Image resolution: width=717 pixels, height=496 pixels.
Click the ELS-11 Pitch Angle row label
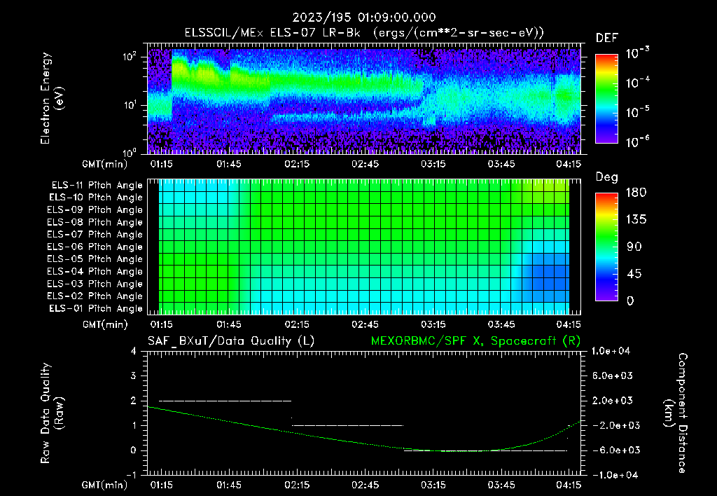pyautogui.click(x=96, y=186)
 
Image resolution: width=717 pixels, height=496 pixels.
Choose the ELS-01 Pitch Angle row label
pyautogui.click(x=96, y=308)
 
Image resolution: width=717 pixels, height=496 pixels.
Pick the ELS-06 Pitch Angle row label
pyautogui.click(x=96, y=247)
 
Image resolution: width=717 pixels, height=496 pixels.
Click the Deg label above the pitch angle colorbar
pyautogui.click(x=606, y=177)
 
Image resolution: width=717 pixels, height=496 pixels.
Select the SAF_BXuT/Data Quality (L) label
pyautogui.click(x=230, y=340)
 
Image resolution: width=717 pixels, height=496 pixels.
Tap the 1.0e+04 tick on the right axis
pyautogui.click(x=613, y=351)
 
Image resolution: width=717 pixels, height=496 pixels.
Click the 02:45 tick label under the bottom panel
pyautogui.click(x=366, y=485)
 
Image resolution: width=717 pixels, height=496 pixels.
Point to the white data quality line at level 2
pyautogui.click(x=224, y=401)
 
